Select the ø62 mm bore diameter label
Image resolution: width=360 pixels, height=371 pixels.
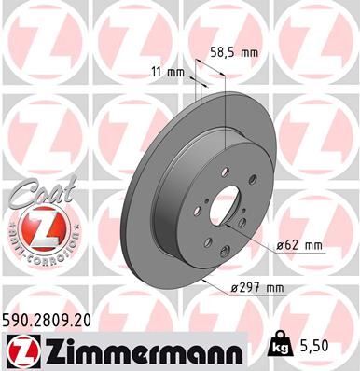tap(299, 245)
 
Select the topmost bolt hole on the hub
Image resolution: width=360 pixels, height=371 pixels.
tap(227, 169)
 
